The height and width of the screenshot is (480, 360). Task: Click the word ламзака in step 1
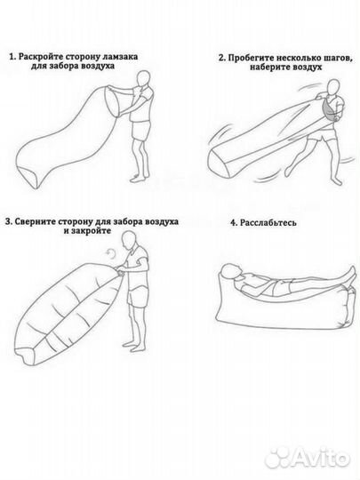point(120,57)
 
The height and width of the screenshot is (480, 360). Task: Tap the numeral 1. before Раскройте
point(12,57)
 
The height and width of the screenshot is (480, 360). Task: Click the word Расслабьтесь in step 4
point(268,222)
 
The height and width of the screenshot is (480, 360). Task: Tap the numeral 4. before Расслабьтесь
point(234,222)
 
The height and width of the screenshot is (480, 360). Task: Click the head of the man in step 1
point(144,79)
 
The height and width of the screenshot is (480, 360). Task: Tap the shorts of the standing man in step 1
point(141,131)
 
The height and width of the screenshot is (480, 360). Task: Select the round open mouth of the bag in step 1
point(112,101)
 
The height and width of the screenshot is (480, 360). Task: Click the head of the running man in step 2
point(334,88)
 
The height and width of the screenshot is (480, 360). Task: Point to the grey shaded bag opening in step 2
point(328,112)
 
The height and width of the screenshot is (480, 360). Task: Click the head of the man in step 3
point(130,240)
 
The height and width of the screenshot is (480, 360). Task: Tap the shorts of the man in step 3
point(138,294)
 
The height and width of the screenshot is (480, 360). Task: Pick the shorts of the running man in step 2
point(323,136)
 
